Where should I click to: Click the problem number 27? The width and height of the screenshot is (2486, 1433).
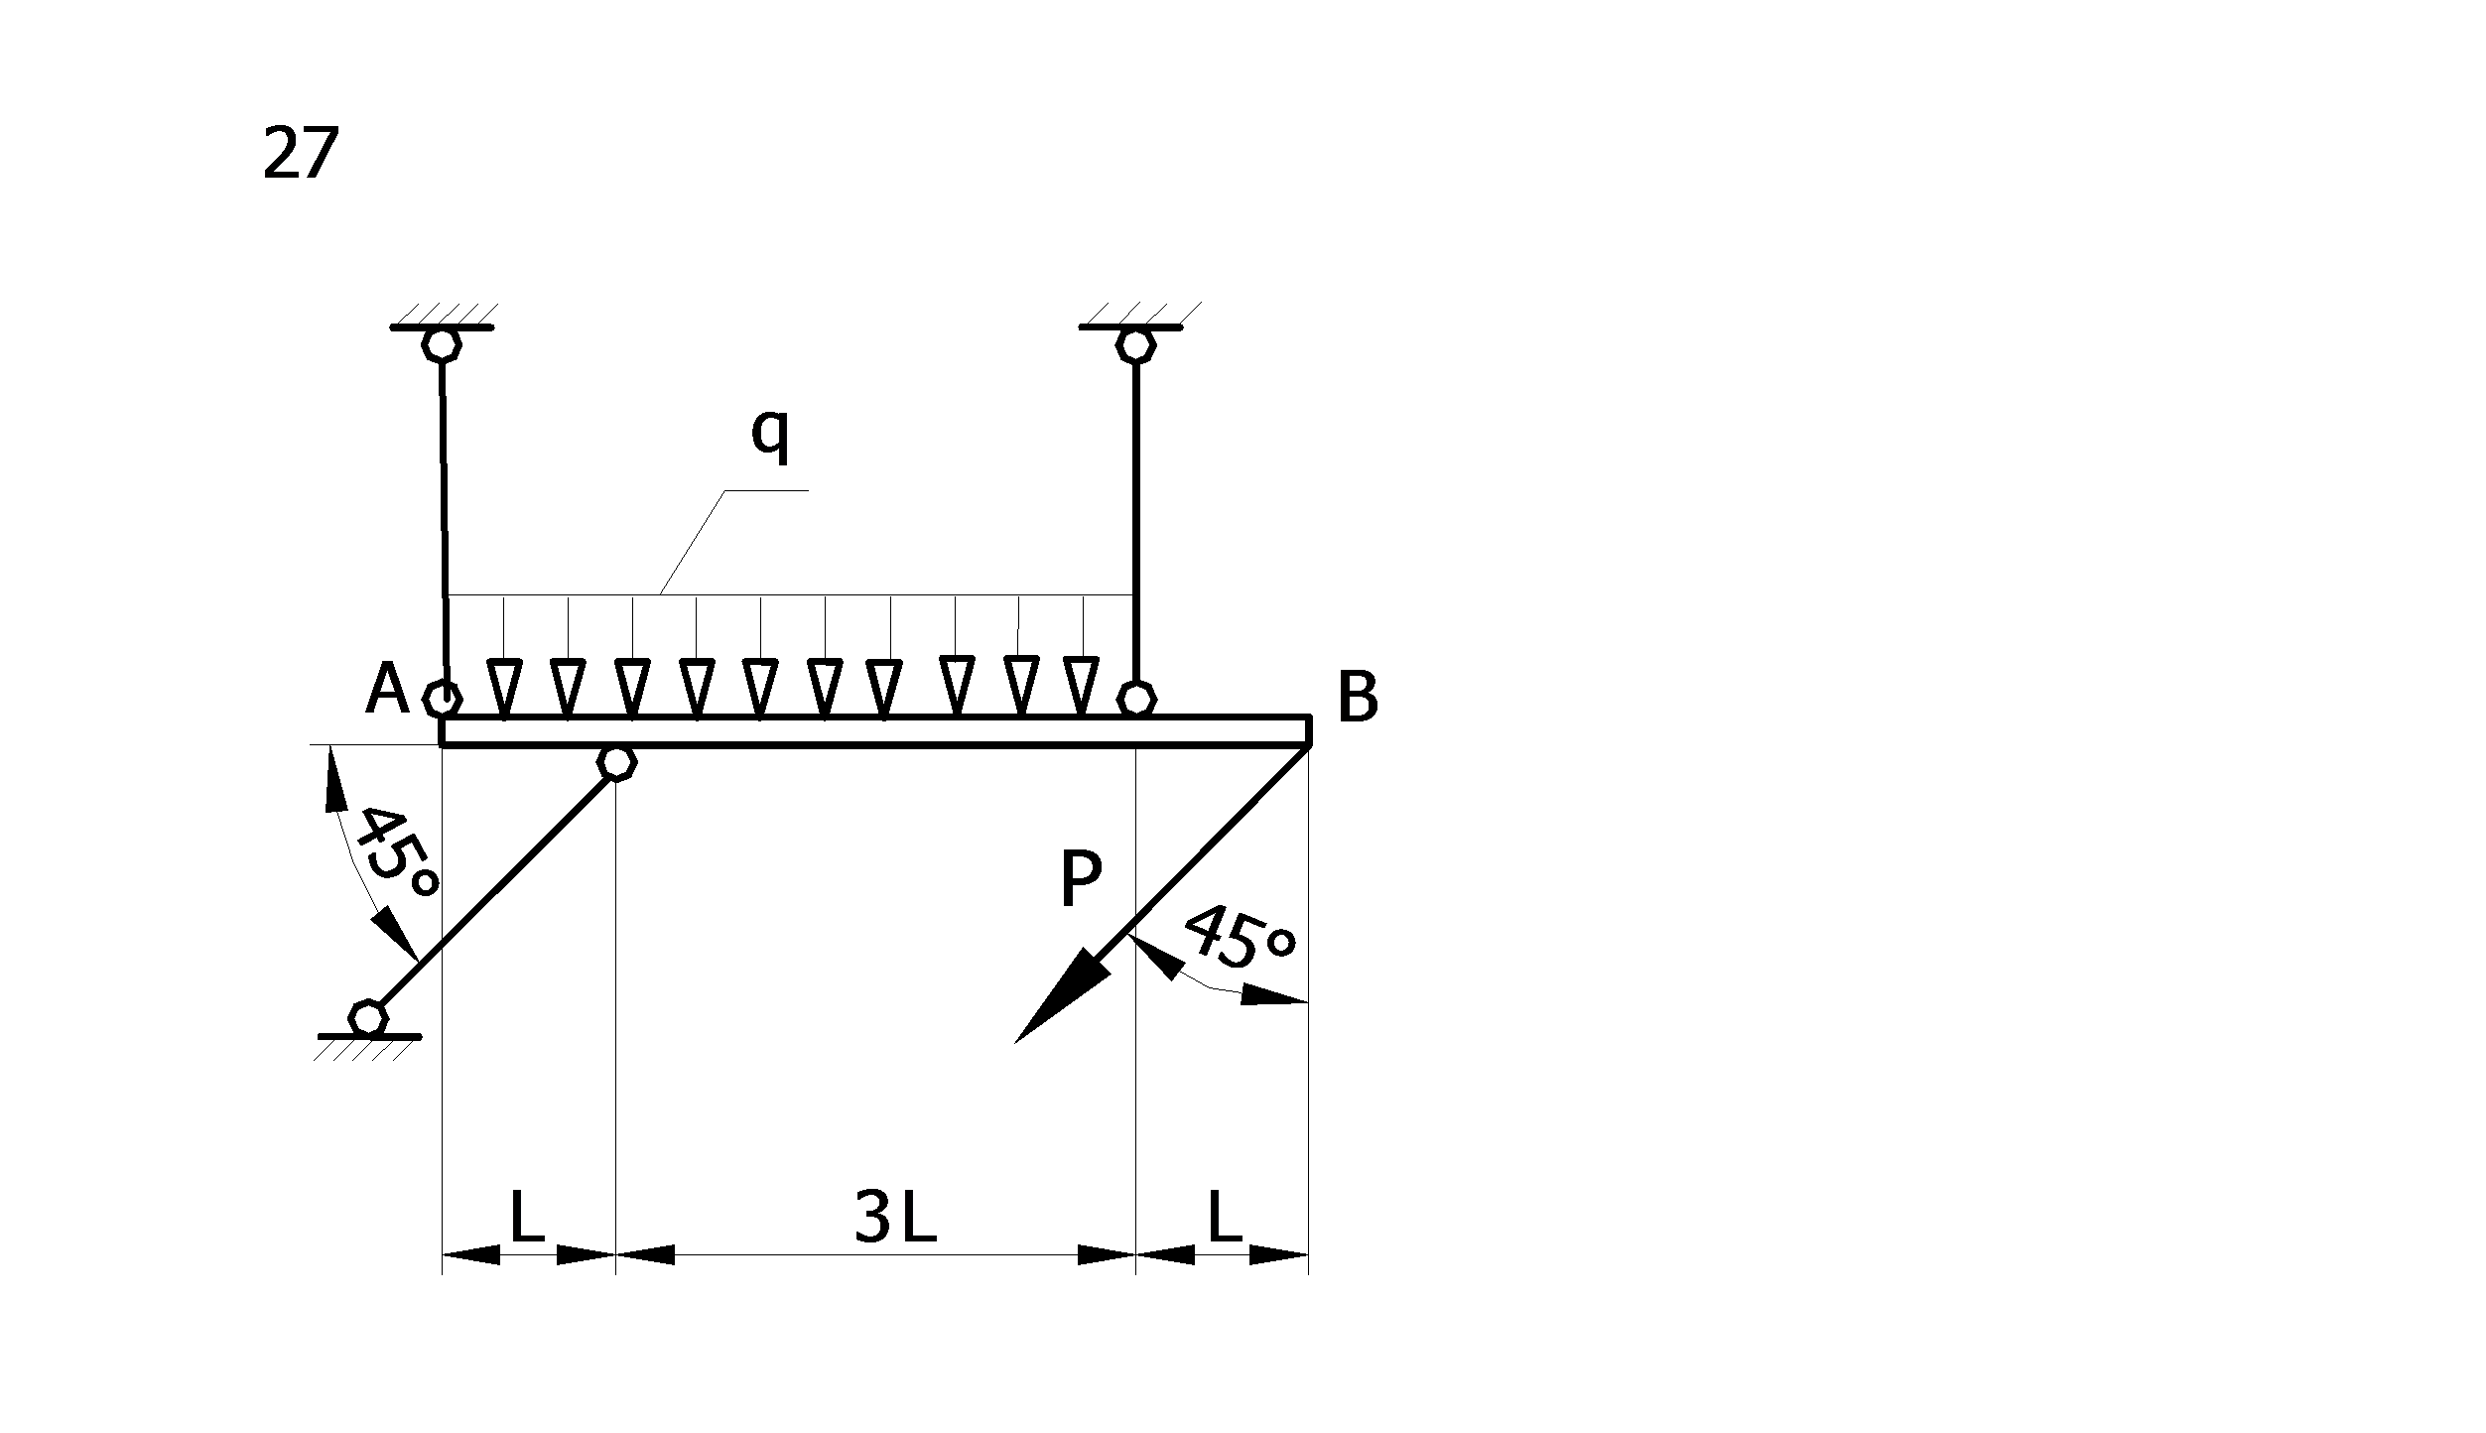(301, 154)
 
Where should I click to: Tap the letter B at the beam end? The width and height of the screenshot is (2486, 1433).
(1358, 698)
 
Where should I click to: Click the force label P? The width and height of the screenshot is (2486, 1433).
(1081, 879)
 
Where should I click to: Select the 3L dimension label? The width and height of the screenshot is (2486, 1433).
(895, 1218)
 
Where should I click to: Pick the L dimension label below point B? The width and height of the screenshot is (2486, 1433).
(1225, 1218)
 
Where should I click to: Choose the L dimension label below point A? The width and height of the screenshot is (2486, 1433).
(527, 1218)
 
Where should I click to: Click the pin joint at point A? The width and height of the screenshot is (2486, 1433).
(442, 699)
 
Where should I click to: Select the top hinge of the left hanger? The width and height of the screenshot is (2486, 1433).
(442, 344)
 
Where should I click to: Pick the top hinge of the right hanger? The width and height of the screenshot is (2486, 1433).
(1135, 344)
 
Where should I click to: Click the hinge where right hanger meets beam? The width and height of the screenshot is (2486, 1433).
(1135, 698)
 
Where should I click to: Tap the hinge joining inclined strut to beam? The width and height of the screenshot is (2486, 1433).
(616, 762)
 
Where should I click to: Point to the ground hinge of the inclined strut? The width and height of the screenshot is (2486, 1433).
(369, 1017)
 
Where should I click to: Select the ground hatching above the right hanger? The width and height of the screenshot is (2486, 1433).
(1139, 314)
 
